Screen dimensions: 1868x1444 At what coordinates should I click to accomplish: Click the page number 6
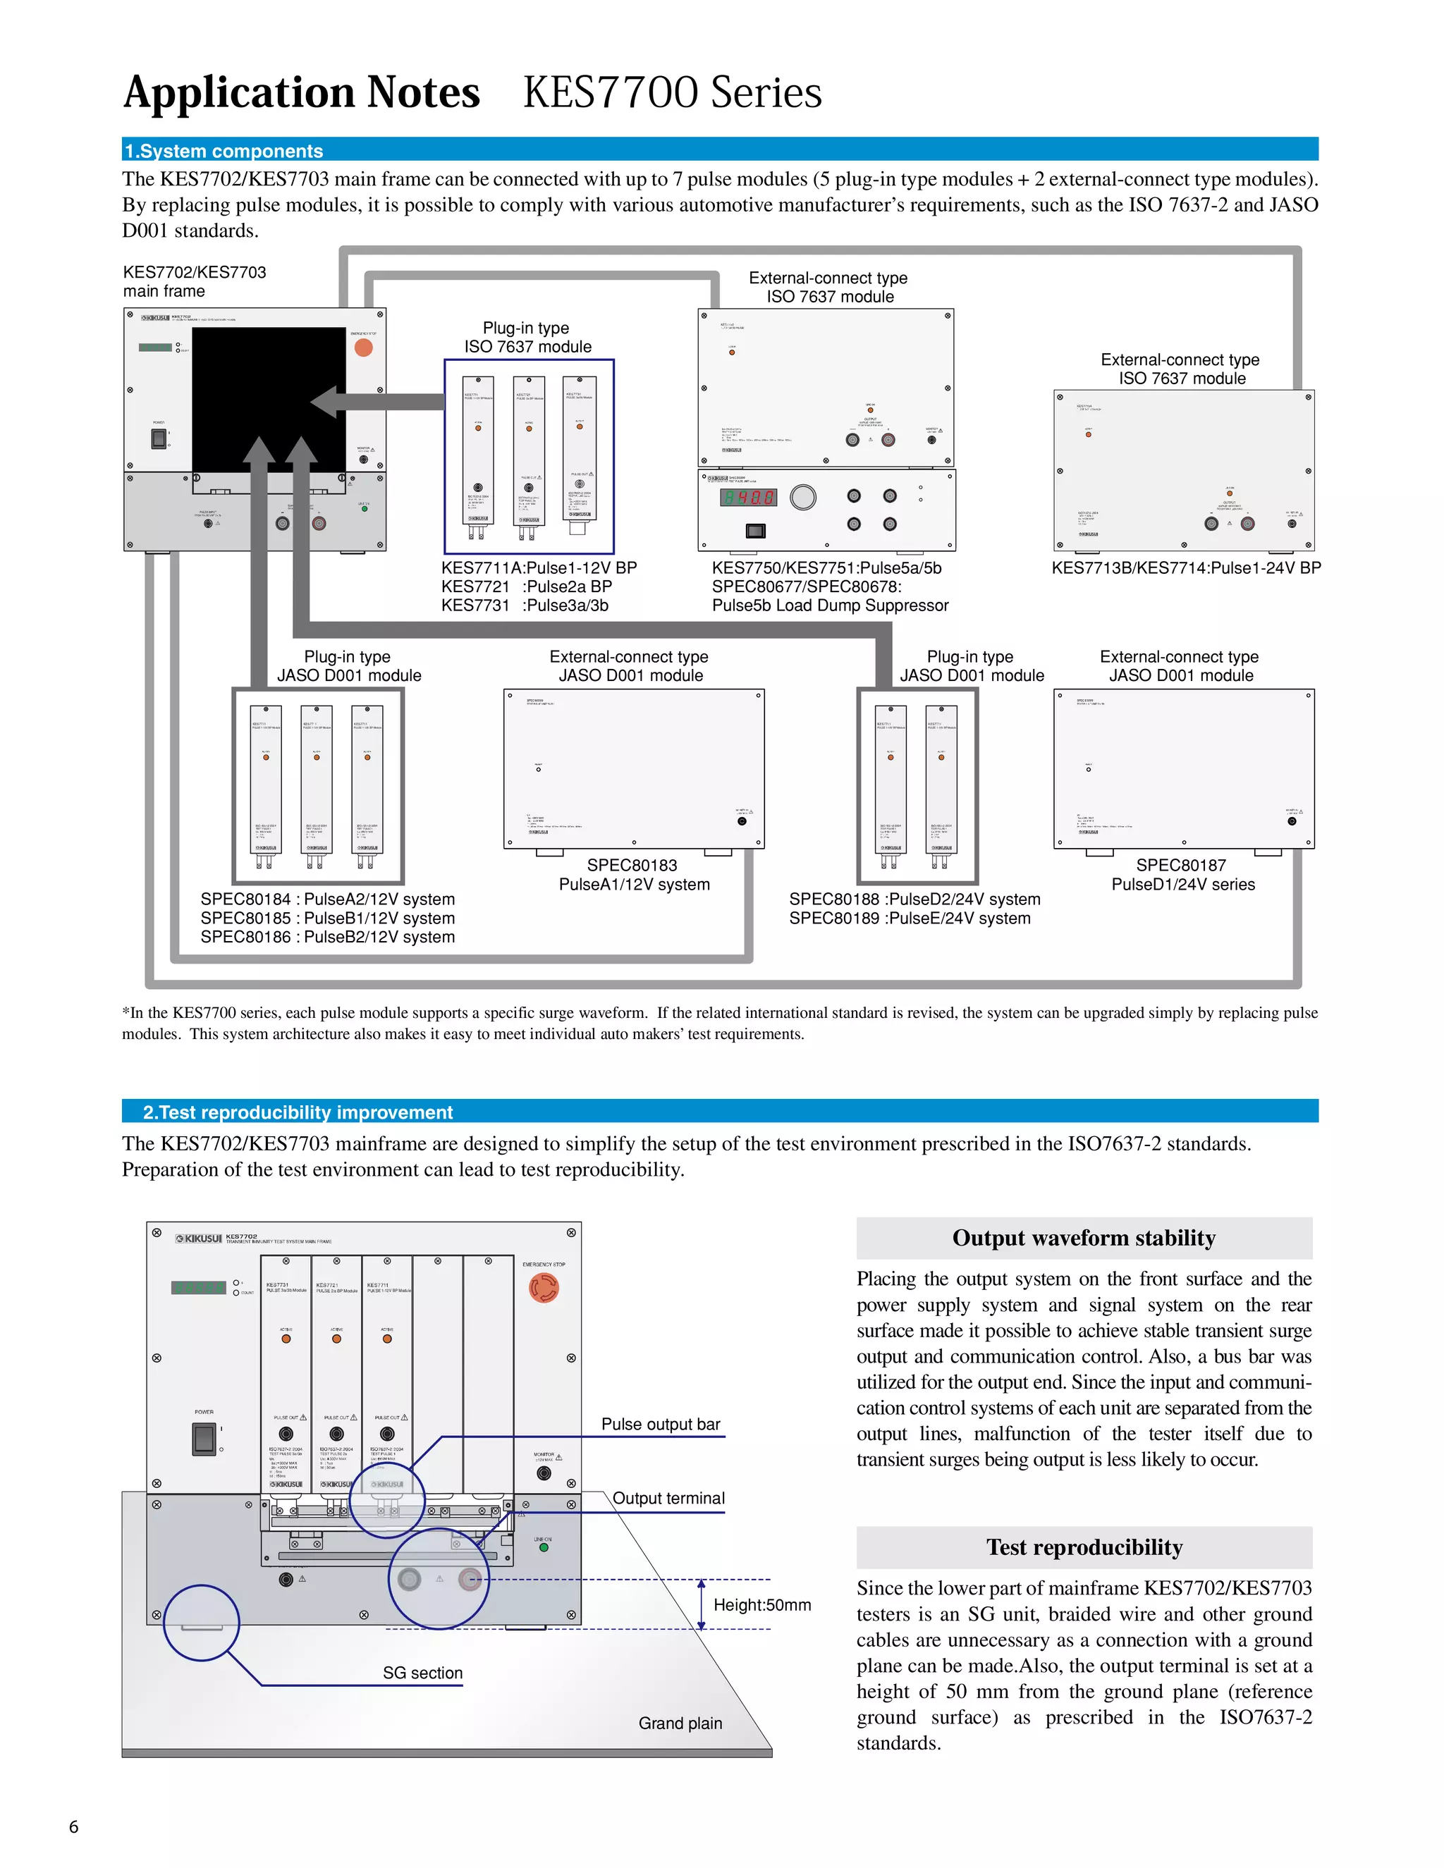pyautogui.click(x=73, y=1826)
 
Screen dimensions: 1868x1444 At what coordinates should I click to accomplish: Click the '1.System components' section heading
pyautogui.click(x=224, y=151)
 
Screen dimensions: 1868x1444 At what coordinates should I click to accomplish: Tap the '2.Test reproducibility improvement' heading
pyautogui.click(x=297, y=1112)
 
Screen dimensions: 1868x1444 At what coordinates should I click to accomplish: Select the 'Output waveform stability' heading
pyautogui.click(x=1083, y=1238)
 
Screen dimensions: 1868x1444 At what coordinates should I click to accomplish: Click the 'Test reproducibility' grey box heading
pyautogui.click(x=1084, y=1547)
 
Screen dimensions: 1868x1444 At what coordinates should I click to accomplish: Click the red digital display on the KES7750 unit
pyautogui.click(x=749, y=497)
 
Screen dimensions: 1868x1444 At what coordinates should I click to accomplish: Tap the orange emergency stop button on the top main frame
pyautogui.click(x=364, y=348)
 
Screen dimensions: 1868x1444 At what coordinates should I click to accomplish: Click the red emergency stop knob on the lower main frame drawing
pyautogui.click(x=543, y=1287)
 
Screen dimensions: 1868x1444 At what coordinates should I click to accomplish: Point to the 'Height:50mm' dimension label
pyautogui.click(x=761, y=1604)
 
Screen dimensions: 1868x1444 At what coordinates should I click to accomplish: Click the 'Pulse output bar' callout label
pyautogui.click(x=661, y=1423)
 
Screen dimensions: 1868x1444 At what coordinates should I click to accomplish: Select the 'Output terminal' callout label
pyautogui.click(x=668, y=1498)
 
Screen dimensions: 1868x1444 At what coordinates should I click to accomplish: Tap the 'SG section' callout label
pyautogui.click(x=422, y=1672)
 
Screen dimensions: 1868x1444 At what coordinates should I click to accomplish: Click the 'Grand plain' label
pyautogui.click(x=680, y=1723)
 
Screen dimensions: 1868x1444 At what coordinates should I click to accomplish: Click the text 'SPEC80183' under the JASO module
pyautogui.click(x=632, y=865)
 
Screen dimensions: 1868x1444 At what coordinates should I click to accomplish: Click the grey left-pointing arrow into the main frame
pyautogui.click(x=377, y=401)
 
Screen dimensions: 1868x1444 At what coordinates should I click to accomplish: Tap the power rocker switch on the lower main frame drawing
pyautogui.click(x=204, y=1439)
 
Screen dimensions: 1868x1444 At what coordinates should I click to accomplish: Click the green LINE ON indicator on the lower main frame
pyautogui.click(x=543, y=1547)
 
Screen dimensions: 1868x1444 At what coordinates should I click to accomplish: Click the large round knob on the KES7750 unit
pyautogui.click(x=802, y=497)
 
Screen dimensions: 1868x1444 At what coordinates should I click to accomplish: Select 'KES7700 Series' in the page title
pyautogui.click(x=673, y=92)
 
